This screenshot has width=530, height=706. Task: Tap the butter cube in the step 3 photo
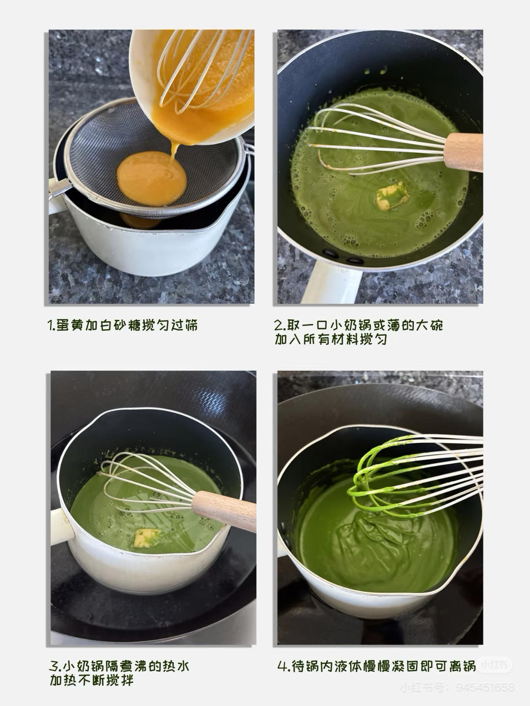pos(147,538)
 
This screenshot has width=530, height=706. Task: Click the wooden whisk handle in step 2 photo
pos(463,152)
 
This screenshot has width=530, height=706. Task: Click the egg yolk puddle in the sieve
pos(152,178)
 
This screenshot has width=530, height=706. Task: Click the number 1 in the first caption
pos(50,325)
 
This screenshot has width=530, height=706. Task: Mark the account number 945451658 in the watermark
pos(485,687)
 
